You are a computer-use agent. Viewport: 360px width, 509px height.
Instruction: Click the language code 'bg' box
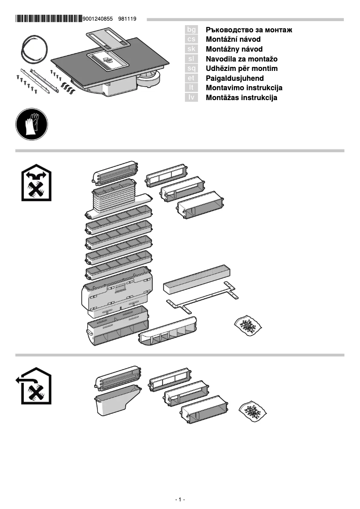(x=191, y=30)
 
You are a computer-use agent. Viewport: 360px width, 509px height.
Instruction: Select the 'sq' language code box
(x=191, y=68)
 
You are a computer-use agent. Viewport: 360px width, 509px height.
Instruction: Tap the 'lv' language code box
(x=191, y=97)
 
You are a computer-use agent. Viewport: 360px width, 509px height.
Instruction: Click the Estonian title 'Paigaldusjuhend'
(x=234, y=78)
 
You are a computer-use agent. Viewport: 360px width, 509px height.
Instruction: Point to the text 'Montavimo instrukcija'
(x=244, y=88)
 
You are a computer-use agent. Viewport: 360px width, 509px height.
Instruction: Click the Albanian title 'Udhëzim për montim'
(x=241, y=68)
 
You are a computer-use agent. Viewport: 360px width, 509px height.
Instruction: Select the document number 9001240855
(x=98, y=19)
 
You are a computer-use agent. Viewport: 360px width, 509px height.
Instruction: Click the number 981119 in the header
(x=127, y=19)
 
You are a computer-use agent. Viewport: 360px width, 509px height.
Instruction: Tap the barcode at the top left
(x=48, y=19)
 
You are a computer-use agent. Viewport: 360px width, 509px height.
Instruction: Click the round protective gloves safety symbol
(x=32, y=125)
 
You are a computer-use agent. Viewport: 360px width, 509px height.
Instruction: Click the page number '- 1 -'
(x=180, y=500)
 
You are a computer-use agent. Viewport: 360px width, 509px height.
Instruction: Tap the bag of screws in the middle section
(x=248, y=325)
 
